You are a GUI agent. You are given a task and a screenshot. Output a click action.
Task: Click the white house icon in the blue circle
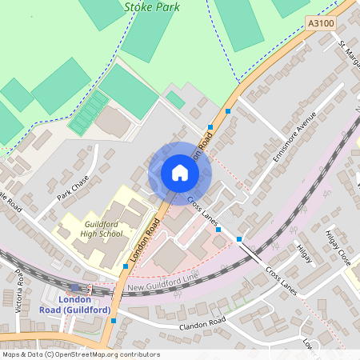point(180,172)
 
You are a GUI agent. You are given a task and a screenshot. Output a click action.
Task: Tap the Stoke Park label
point(152,6)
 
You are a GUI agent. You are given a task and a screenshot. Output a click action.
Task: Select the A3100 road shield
point(321,25)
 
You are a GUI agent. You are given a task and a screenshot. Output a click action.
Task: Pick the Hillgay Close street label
point(338,248)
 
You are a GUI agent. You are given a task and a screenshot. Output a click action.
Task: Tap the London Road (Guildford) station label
point(75,304)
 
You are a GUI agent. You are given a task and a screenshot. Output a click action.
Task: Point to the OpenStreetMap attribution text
point(80,354)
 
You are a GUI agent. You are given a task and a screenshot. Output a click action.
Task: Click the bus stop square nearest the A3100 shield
point(229,111)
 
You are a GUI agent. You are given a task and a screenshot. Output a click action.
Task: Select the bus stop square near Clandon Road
point(114,321)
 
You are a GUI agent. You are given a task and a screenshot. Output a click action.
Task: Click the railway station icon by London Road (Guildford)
point(74,286)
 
